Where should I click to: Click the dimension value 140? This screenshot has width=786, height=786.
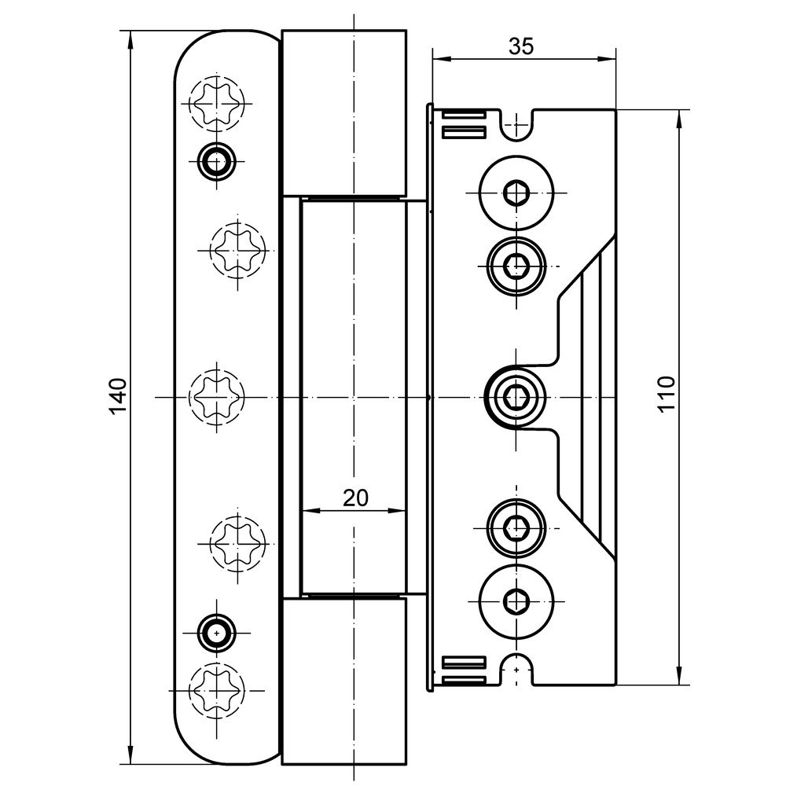click(117, 396)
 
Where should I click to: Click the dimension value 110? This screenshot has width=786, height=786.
click(666, 395)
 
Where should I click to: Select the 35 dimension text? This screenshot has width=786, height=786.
click(520, 46)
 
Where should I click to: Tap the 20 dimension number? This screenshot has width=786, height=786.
click(355, 497)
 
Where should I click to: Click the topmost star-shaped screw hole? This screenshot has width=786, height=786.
click(216, 102)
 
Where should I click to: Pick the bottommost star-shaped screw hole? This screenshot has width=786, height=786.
click(216, 689)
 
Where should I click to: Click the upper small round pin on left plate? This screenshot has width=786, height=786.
click(214, 161)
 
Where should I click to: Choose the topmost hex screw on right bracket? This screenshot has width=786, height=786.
click(516, 193)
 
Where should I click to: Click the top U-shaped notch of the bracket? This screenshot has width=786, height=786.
click(516, 127)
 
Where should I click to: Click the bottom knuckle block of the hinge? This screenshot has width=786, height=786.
click(343, 680)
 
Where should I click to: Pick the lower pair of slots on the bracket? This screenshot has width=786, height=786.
click(465, 669)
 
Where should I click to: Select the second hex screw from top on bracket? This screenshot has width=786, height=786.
click(516, 266)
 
